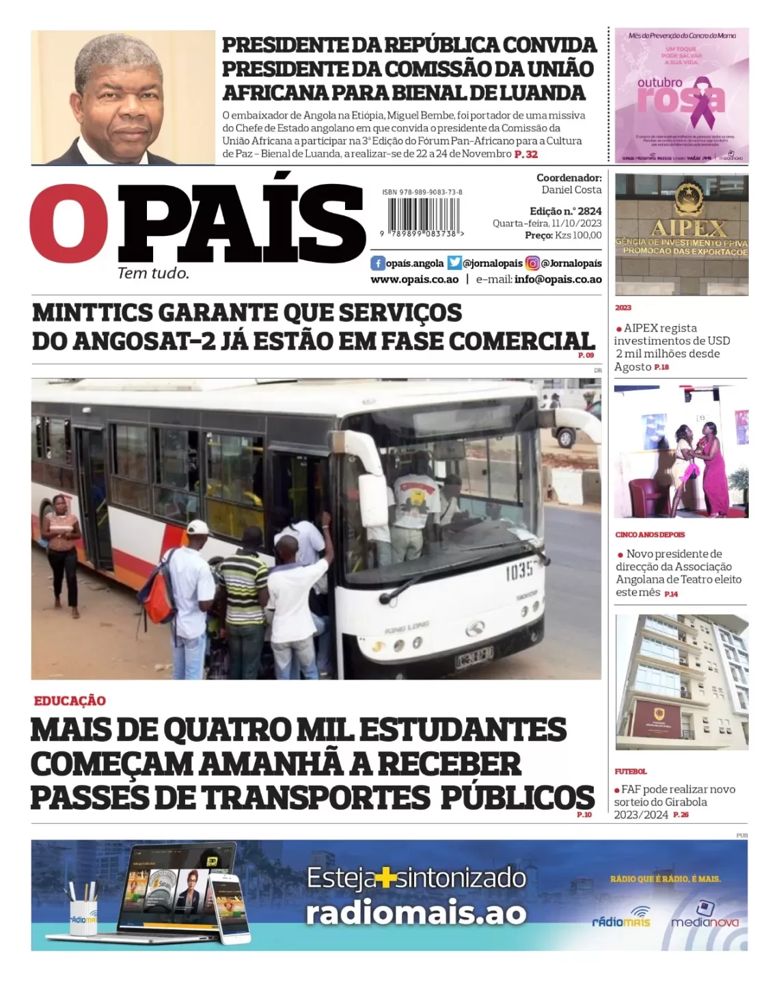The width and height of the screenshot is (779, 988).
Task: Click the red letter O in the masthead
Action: coord(69,223)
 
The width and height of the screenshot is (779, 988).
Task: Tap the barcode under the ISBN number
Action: coord(422,217)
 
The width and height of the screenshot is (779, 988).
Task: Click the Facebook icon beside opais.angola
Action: coord(377,263)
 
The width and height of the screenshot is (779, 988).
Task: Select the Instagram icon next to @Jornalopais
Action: coord(532,263)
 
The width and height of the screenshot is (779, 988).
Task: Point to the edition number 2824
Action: coord(589,211)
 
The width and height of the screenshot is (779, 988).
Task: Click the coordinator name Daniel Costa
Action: coord(571,190)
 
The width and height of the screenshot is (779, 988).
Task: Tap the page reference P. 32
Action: coord(526,155)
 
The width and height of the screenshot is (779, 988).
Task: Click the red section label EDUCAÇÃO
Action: coord(70,701)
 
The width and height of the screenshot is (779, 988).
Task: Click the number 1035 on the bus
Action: coord(519,572)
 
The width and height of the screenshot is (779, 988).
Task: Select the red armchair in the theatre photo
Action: coord(647,494)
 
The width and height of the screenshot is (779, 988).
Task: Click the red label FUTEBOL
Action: coord(630,771)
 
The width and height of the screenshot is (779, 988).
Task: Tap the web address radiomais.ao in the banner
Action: coord(415,913)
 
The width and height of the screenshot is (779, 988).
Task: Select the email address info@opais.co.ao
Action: coord(558,280)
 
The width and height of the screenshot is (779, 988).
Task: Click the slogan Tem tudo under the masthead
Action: coord(153,273)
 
